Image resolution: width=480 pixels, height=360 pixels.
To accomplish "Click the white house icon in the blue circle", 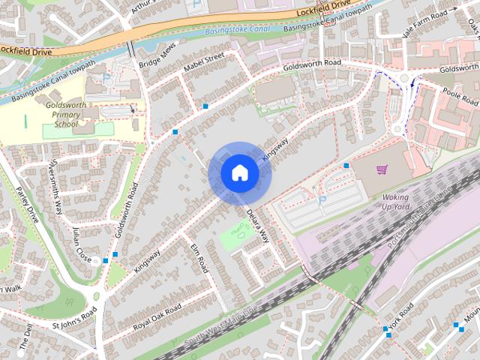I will [x=240, y=172].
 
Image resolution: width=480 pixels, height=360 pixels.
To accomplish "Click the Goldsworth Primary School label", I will [x=69, y=117].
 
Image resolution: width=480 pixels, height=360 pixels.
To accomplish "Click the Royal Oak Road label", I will [x=157, y=316].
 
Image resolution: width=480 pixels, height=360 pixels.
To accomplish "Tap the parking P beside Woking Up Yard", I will [x=322, y=200].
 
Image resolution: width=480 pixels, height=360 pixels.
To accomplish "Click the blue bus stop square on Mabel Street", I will [x=205, y=106].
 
